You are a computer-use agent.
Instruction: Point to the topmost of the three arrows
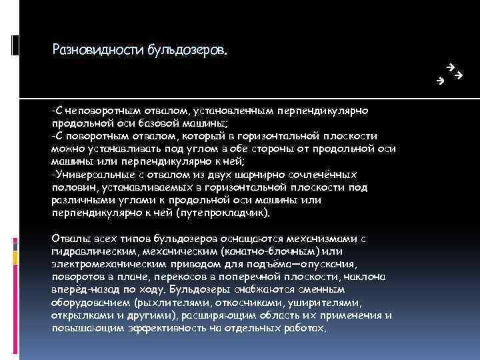(451, 67)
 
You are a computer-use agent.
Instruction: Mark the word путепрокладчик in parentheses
(229, 213)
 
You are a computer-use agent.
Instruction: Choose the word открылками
(79, 315)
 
